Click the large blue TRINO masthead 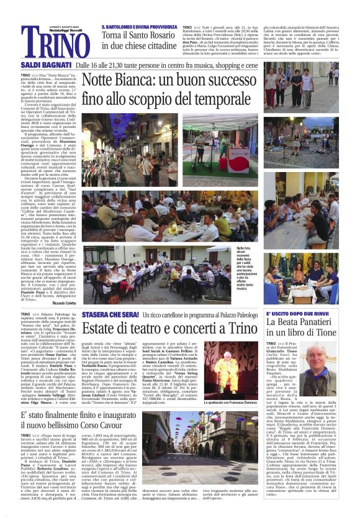coord(49,42)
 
